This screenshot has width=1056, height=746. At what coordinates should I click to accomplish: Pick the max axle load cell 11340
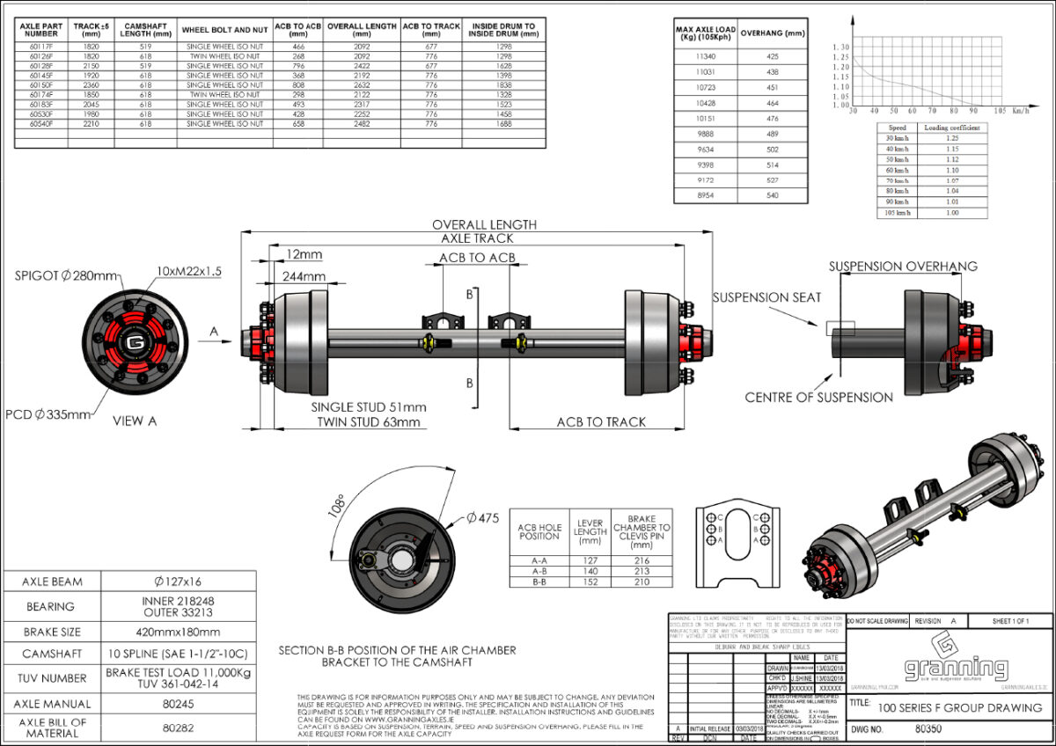[x=706, y=55]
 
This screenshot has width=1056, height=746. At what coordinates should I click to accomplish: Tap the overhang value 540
[x=772, y=195]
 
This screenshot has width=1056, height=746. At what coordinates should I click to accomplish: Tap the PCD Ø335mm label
[x=47, y=413]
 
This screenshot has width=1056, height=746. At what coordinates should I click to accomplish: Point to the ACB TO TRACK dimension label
[x=601, y=422]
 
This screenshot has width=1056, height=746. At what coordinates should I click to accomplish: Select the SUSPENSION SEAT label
[x=766, y=297]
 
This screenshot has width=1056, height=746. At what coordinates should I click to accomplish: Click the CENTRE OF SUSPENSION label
[x=818, y=397]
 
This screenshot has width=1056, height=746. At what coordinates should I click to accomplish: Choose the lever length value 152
[x=590, y=581]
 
